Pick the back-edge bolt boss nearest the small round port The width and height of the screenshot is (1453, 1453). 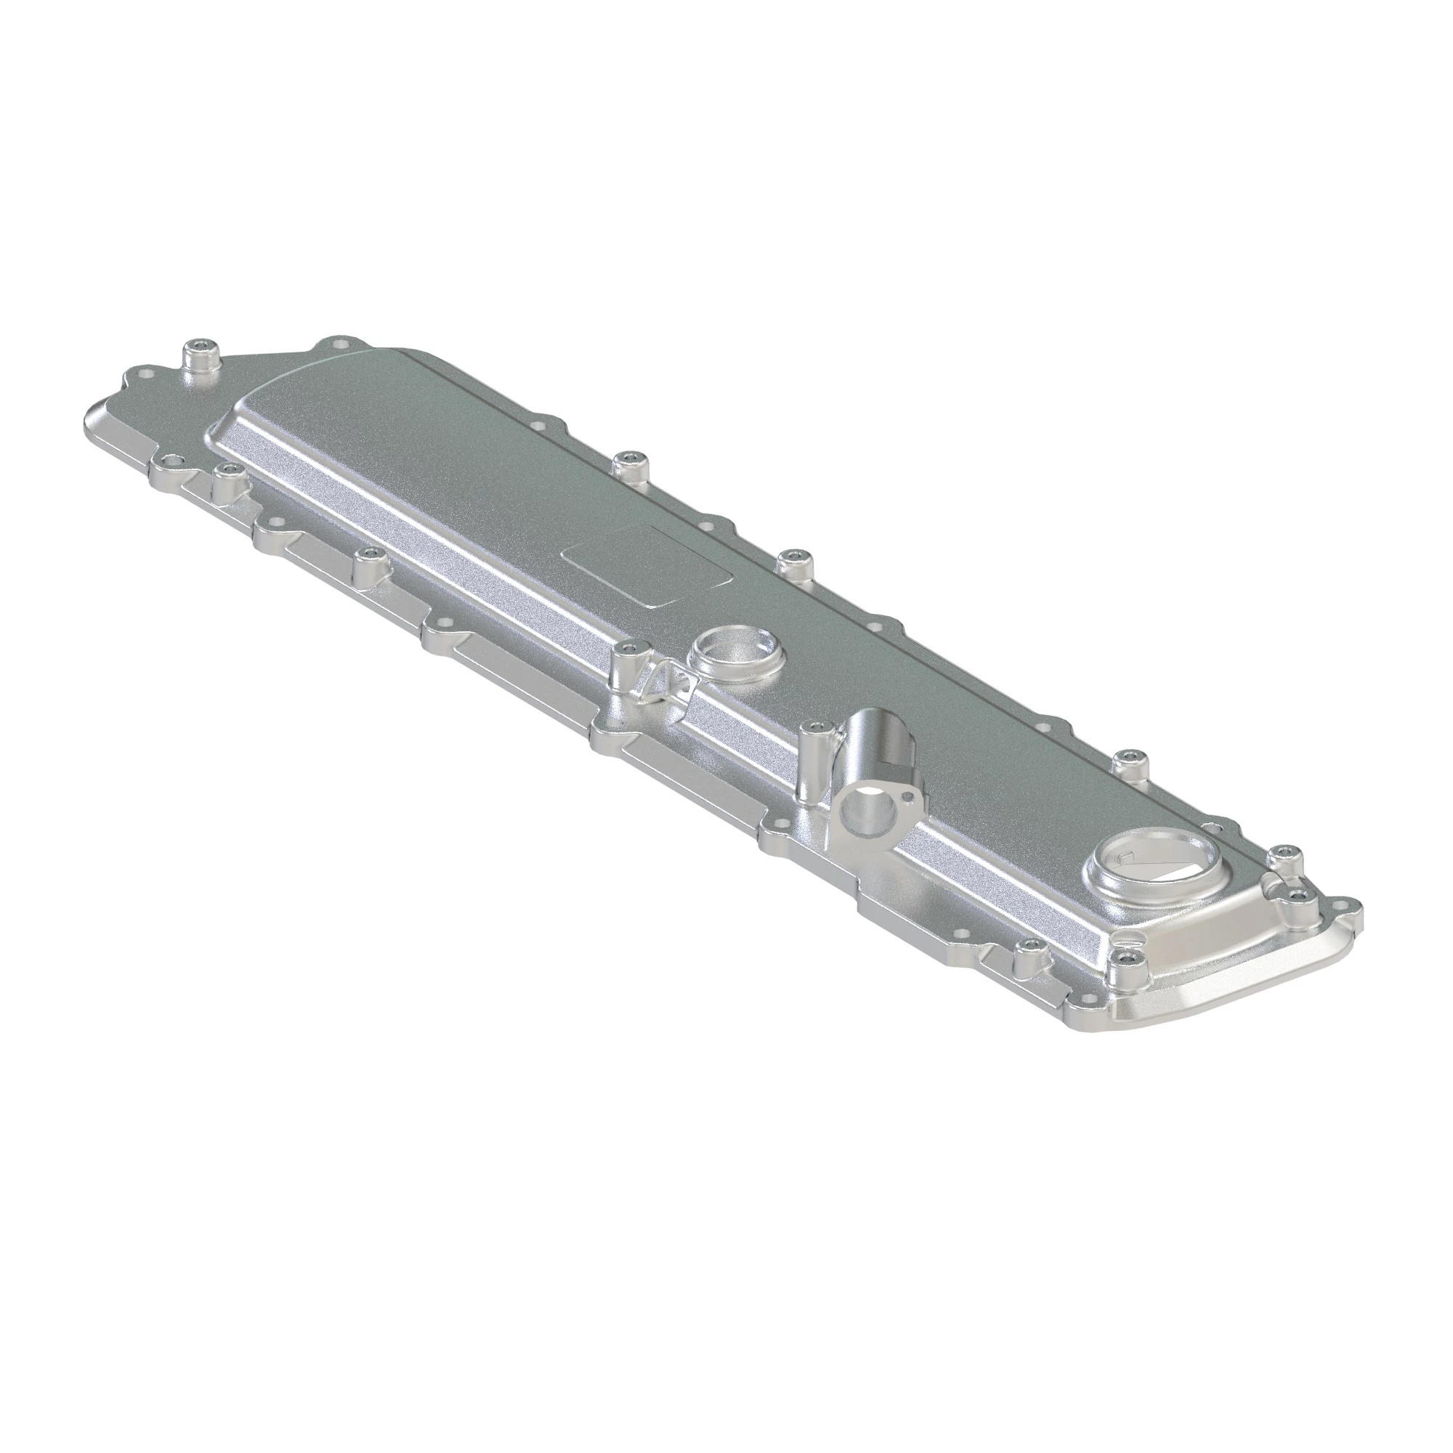click(792, 558)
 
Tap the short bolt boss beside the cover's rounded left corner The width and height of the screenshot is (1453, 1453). click(227, 471)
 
